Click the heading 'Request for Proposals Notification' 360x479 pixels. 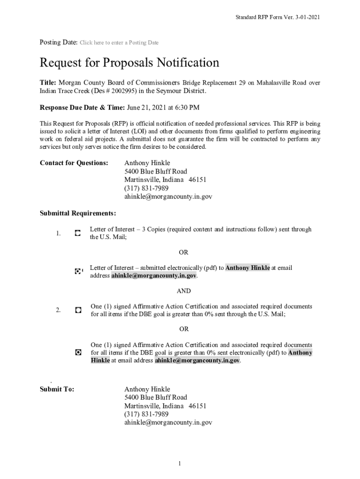[129, 63]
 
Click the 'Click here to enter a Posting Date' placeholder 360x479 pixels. [119, 43]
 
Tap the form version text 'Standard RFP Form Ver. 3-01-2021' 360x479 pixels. [277, 17]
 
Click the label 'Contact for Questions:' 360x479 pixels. [74, 163]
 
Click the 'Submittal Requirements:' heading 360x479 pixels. [78, 213]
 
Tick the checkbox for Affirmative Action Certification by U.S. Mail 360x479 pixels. [78, 310]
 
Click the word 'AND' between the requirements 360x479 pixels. [183, 291]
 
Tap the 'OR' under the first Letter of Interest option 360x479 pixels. [183, 252]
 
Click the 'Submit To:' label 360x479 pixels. [57, 389]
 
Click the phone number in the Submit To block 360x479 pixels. [146, 414]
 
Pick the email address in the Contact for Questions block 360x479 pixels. [168, 197]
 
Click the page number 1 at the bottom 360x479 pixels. [180, 464]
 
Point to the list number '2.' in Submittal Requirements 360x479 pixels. [58, 310]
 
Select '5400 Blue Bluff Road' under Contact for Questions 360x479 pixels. [155, 171]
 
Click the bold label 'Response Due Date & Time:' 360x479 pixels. [82, 108]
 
